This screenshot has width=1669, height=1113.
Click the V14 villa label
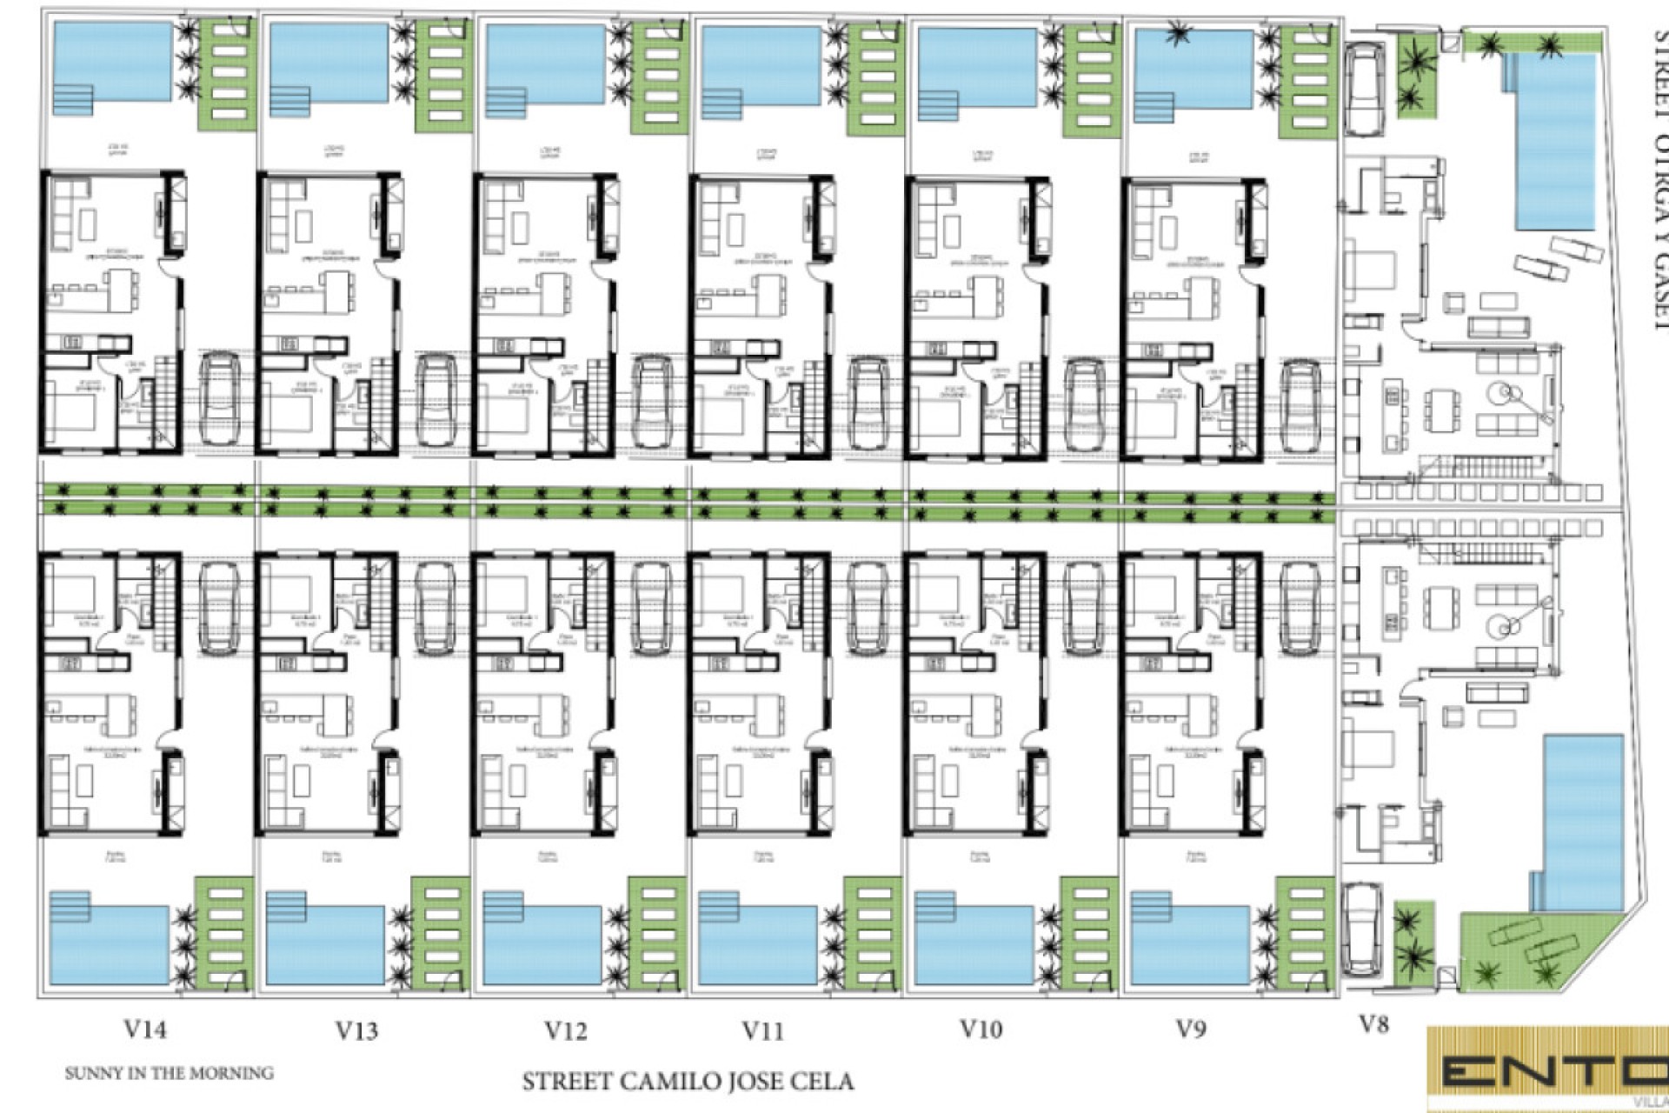[145, 1030]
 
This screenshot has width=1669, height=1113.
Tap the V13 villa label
[356, 1030]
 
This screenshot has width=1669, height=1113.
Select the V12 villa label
[566, 1030]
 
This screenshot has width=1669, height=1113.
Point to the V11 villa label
[763, 1030]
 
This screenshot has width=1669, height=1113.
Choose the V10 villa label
[981, 1029]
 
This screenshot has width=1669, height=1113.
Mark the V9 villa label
[1190, 1029]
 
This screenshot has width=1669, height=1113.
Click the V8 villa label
[1373, 1024]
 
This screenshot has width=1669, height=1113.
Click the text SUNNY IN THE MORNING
[169, 1073]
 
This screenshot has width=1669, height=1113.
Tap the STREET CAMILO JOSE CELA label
[688, 1082]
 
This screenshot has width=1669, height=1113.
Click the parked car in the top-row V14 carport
[219, 398]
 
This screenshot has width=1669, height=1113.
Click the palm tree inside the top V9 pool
[1180, 37]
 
